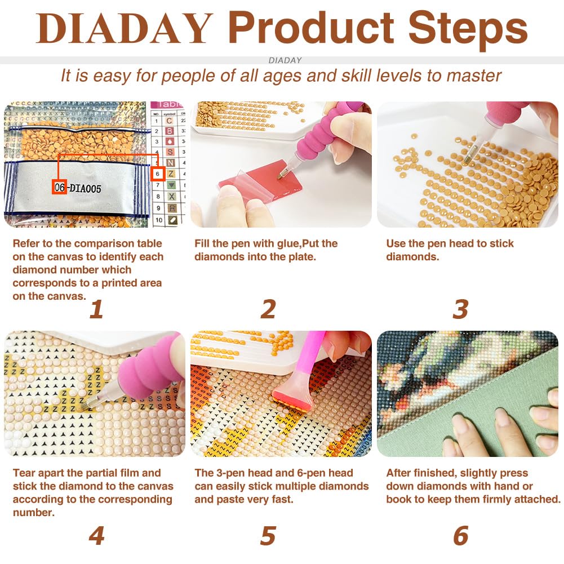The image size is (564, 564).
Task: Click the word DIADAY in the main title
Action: [x=124, y=28]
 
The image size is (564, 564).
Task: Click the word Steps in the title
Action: [x=468, y=29]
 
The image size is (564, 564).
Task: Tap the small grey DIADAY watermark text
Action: [x=285, y=60]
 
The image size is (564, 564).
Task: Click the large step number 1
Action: [x=96, y=309]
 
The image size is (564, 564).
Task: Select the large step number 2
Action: [x=268, y=309]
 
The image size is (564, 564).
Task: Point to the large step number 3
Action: [x=461, y=309]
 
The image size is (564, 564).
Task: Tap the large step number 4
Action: [x=96, y=535]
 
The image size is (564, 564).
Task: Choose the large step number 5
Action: [x=268, y=536]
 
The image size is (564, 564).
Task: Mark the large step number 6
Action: [x=461, y=536]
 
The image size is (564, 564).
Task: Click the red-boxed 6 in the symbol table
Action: [x=158, y=174]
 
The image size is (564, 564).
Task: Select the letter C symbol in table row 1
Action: [x=170, y=121]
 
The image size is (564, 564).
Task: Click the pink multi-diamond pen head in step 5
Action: [x=291, y=397]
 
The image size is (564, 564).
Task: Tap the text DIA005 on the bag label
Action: [x=86, y=188]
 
